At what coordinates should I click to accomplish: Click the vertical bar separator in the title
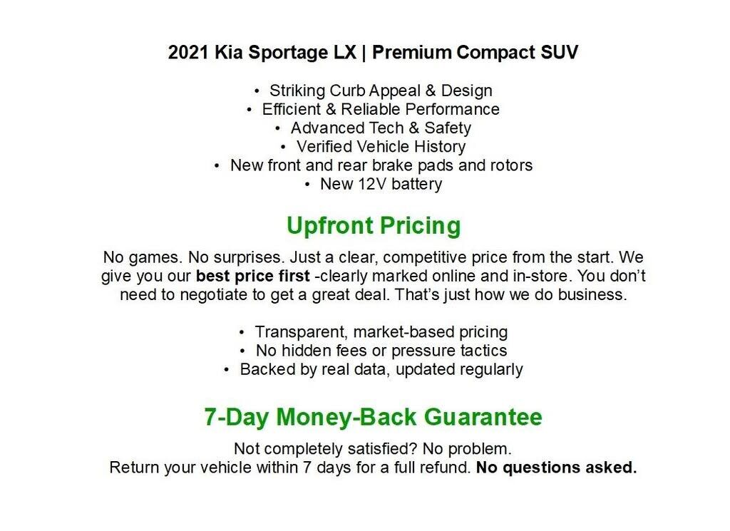364,53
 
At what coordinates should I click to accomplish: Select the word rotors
511,165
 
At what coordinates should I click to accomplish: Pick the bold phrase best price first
252,276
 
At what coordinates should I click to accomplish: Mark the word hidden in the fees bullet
303,351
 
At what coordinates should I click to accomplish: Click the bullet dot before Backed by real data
227,370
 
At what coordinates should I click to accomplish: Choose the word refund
444,468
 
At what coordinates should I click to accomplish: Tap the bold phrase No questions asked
556,468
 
